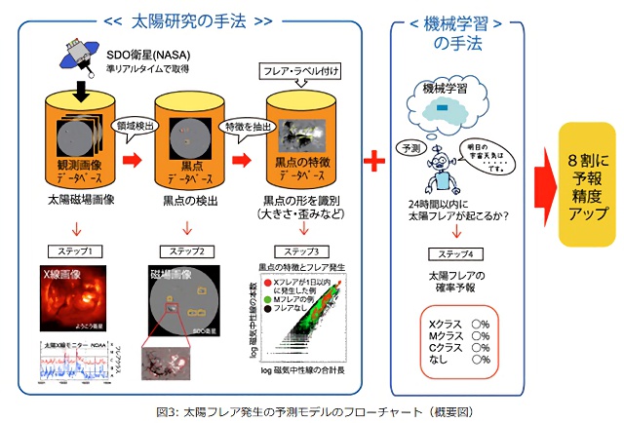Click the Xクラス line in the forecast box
pyautogui.click(x=453, y=322)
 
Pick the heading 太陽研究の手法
pyautogui.click(x=184, y=19)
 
